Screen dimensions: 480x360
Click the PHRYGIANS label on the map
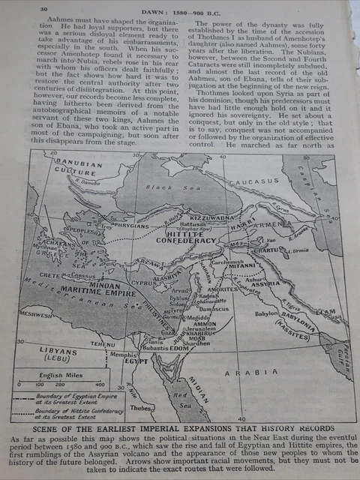(131, 223)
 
